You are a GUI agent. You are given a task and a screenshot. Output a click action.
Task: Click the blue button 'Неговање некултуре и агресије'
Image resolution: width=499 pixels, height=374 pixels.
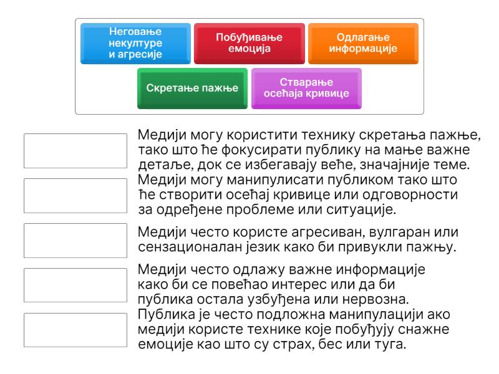point(135,44)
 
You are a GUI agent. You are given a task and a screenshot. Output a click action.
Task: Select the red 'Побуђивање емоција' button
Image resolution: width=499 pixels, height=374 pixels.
point(249,44)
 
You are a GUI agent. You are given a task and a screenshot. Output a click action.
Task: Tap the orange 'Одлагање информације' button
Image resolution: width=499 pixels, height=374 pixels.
point(363,44)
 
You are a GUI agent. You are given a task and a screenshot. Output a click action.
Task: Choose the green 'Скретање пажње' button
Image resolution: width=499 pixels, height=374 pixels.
point(192,89)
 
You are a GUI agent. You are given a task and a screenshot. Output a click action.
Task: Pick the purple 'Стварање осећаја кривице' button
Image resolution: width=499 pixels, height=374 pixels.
point(306,89)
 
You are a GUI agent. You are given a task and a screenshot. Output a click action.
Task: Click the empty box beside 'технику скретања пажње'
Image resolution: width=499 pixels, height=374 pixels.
point(75,151)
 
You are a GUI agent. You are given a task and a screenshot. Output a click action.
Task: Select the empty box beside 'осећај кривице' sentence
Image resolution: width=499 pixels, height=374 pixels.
point(75,196)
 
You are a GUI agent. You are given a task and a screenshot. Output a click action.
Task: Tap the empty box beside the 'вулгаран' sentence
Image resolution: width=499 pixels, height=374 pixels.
point(75,241)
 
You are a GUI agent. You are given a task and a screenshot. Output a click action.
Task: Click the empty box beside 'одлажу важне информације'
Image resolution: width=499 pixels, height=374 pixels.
point(75,285)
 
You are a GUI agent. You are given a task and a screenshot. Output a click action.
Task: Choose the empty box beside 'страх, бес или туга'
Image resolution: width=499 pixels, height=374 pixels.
point(75,330)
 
